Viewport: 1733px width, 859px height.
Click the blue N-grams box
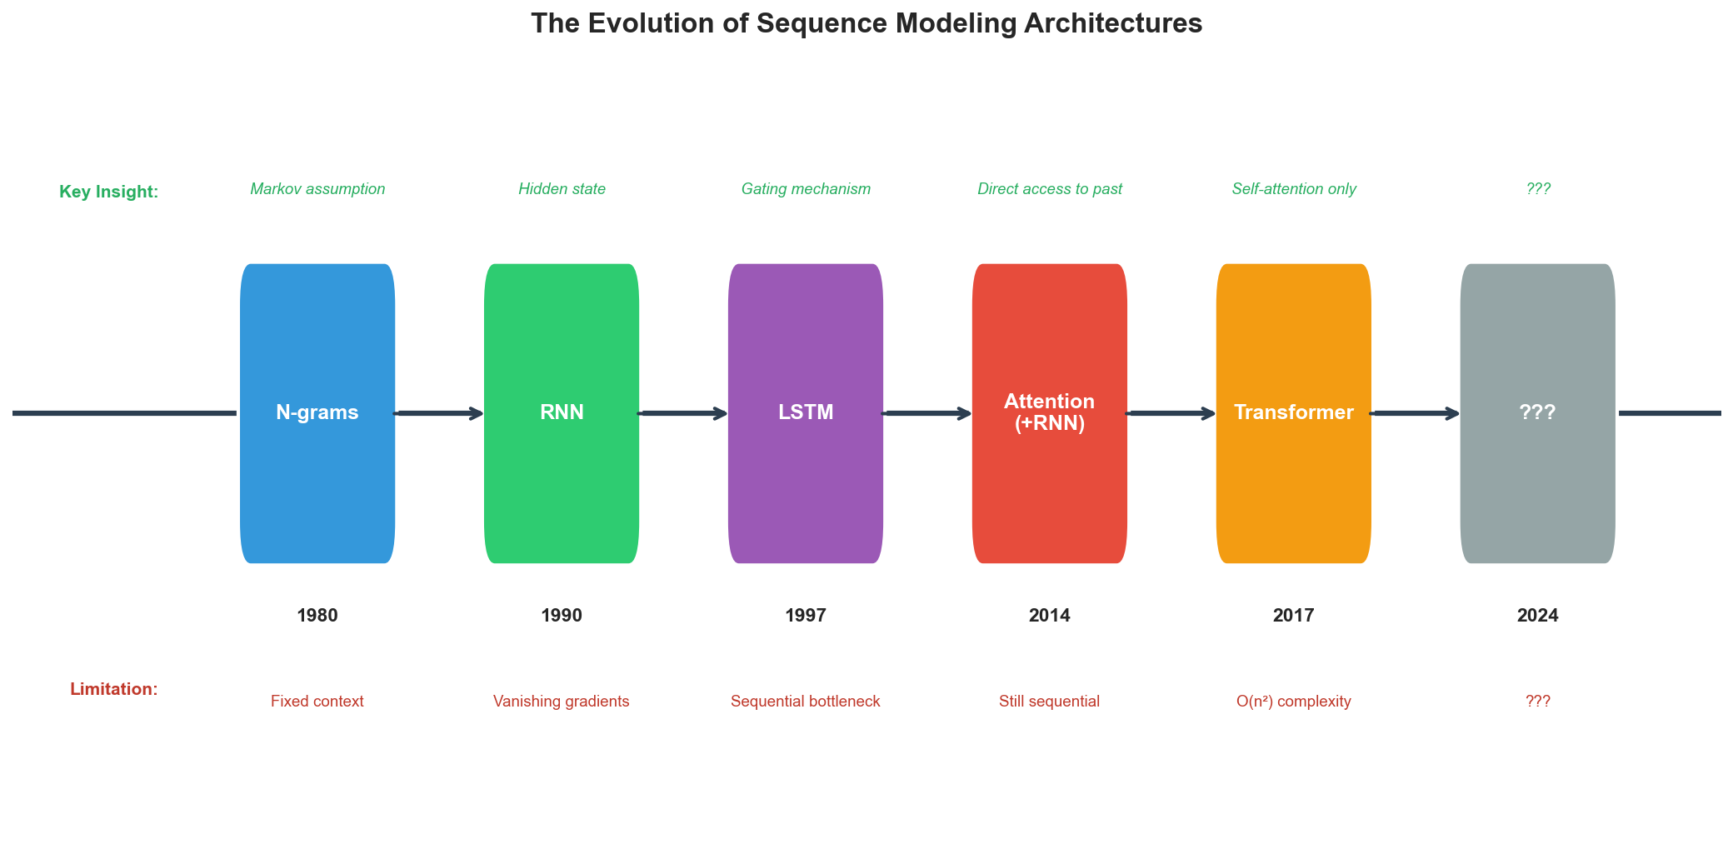(x=317, y=413)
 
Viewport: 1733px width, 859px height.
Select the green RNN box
(x=562, y=413)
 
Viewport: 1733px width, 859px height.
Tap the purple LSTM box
(x=806, y=413)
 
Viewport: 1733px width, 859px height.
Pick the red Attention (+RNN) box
(x=1050, y=413)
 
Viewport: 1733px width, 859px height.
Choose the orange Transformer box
(x=1294, y=413)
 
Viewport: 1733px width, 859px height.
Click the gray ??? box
(x=1538, y=413)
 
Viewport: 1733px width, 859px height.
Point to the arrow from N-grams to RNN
(x=440, y=413)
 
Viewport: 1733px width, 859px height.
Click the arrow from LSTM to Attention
(x=928, y=413)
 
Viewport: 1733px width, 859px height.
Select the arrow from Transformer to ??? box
(x=1416, y=413)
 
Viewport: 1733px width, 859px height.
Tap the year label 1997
(x=806, y=616)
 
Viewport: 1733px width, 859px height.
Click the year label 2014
(x=1050, y=616)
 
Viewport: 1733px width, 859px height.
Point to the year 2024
(x=1538, y=616)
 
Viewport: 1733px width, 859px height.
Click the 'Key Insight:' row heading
(x=109, y=192)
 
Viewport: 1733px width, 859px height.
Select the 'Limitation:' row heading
(x=114, y=689)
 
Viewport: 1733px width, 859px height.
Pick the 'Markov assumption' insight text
(x=317, y=189)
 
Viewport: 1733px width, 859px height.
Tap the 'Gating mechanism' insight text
(x=806, y=189)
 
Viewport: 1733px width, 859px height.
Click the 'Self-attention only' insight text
(x=1294, y=189)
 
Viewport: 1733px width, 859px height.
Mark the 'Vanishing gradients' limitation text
(x=562, y=702)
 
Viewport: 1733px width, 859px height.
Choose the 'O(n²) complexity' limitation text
(x=1294, y=702)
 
